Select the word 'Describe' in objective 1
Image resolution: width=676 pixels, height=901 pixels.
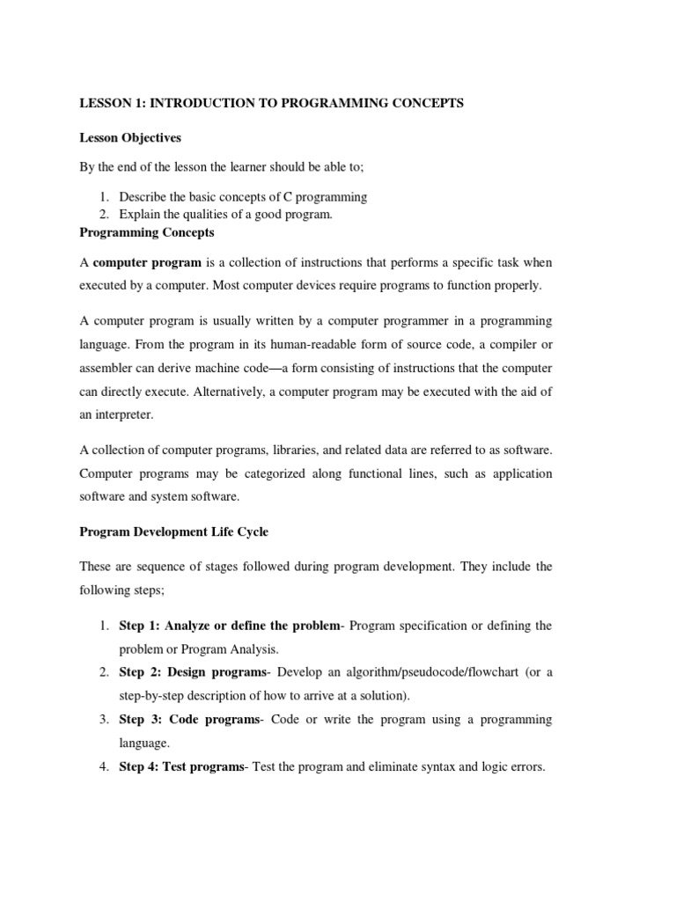click(143, 196)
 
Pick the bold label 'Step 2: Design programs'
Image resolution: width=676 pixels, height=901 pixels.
click(192, 672)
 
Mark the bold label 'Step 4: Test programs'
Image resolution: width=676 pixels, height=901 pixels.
click(181, 766)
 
